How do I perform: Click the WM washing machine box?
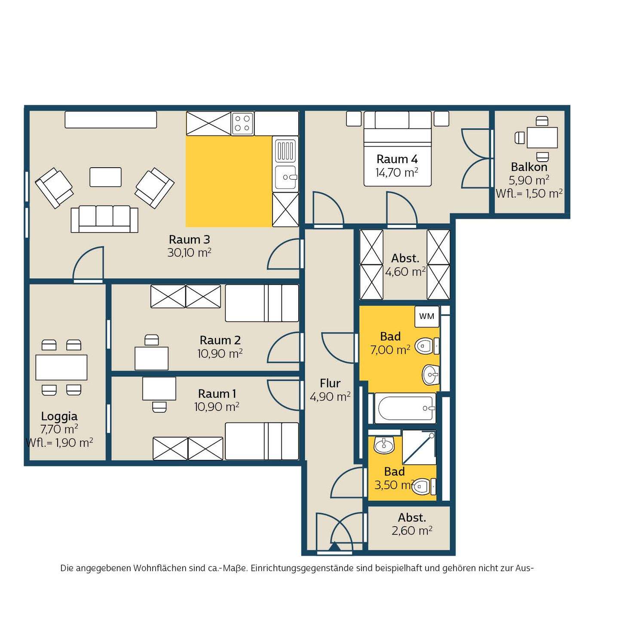426,316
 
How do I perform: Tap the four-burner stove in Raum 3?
242,123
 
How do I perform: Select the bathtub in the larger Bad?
405,408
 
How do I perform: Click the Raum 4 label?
397,159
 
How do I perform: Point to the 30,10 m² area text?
189,253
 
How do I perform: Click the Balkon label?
529,167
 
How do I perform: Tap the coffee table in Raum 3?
105,177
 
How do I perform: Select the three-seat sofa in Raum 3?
104,219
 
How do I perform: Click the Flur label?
330,383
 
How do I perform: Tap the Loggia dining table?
61,368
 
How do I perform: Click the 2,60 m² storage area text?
412,530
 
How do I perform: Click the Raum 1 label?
217,393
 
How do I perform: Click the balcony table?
542,138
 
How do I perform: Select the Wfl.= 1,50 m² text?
529,194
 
